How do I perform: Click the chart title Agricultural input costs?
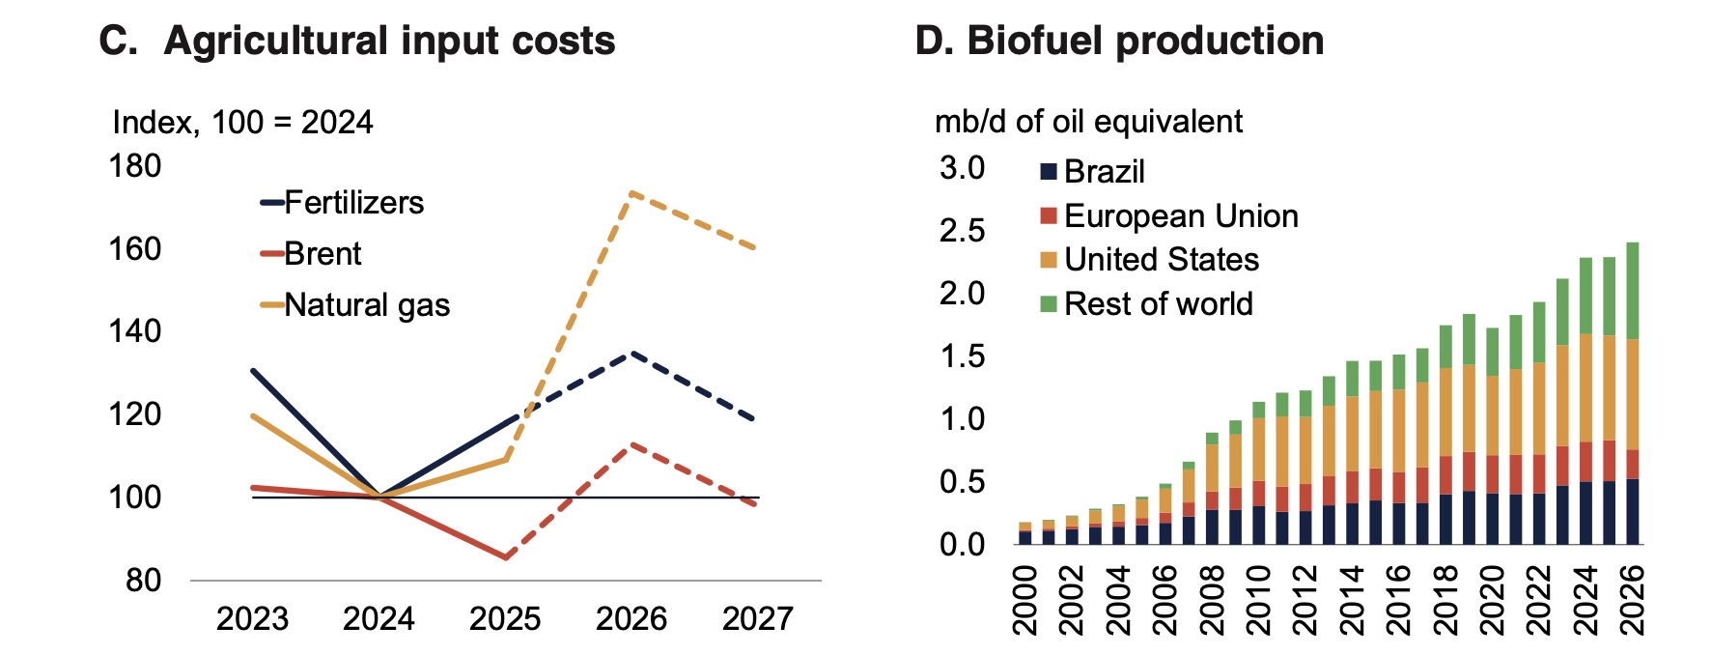(389, 41)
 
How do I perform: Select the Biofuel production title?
(1145, 41)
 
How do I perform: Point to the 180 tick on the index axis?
(135, 166)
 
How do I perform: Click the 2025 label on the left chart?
(505, 618)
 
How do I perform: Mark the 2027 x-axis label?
(758, 618)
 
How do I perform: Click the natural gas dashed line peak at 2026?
(631, 193)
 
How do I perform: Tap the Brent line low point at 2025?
(505, 557)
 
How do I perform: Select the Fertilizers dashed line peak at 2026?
(631, 354)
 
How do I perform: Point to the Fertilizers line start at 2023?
(253, 371)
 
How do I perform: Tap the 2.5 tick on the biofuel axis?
(962, 231)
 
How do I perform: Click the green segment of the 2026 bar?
(1632, 291)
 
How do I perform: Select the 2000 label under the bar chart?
(1024, 600)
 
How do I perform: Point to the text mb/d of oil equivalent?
(1088, 122)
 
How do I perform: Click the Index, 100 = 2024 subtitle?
(242, 123)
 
